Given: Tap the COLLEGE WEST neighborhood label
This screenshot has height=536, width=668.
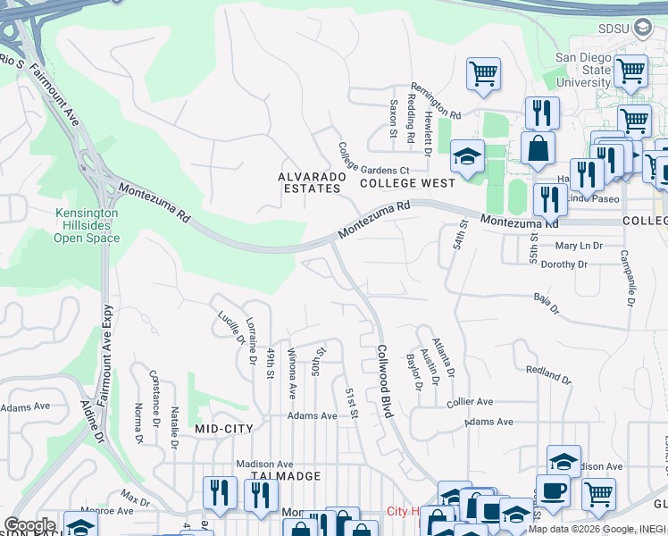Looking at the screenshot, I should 407,183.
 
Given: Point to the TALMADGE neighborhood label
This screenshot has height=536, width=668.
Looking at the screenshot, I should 285,476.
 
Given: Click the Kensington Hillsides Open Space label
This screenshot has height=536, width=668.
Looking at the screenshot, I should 86,225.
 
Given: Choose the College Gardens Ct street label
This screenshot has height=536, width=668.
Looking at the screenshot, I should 372,158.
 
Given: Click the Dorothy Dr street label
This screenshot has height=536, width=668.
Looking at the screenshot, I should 564,264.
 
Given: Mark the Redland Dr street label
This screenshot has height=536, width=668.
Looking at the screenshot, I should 547,373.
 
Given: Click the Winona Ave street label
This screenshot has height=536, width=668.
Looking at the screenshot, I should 291,373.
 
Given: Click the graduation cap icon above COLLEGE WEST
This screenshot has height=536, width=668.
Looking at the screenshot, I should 466,155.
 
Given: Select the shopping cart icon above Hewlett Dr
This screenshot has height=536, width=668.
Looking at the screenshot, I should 483,73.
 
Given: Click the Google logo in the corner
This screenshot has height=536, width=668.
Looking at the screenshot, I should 29,525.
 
